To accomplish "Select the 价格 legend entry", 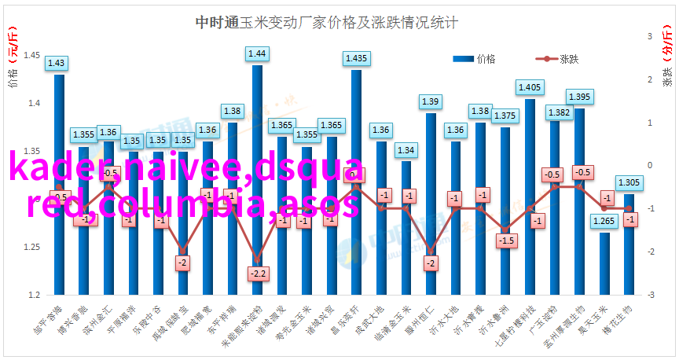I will click(x=474, y=59).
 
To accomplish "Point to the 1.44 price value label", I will click(x=257, y=53).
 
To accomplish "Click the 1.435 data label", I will click(x=356, y=58).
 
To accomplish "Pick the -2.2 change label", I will click(x=257, y=273).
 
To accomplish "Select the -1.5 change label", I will click(x=506, y=241).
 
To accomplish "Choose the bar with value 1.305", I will click(x=629, y=244).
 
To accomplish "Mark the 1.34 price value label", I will click(x=406, y=149).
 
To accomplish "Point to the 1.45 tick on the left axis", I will click(x=32, y=55).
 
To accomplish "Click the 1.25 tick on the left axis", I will click(x=32, y=247).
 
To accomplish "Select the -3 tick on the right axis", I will click(x=650, y=295).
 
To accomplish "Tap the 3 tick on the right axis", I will click(x=650, y=36).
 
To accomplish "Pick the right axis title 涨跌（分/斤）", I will click(x=666, y=59).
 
